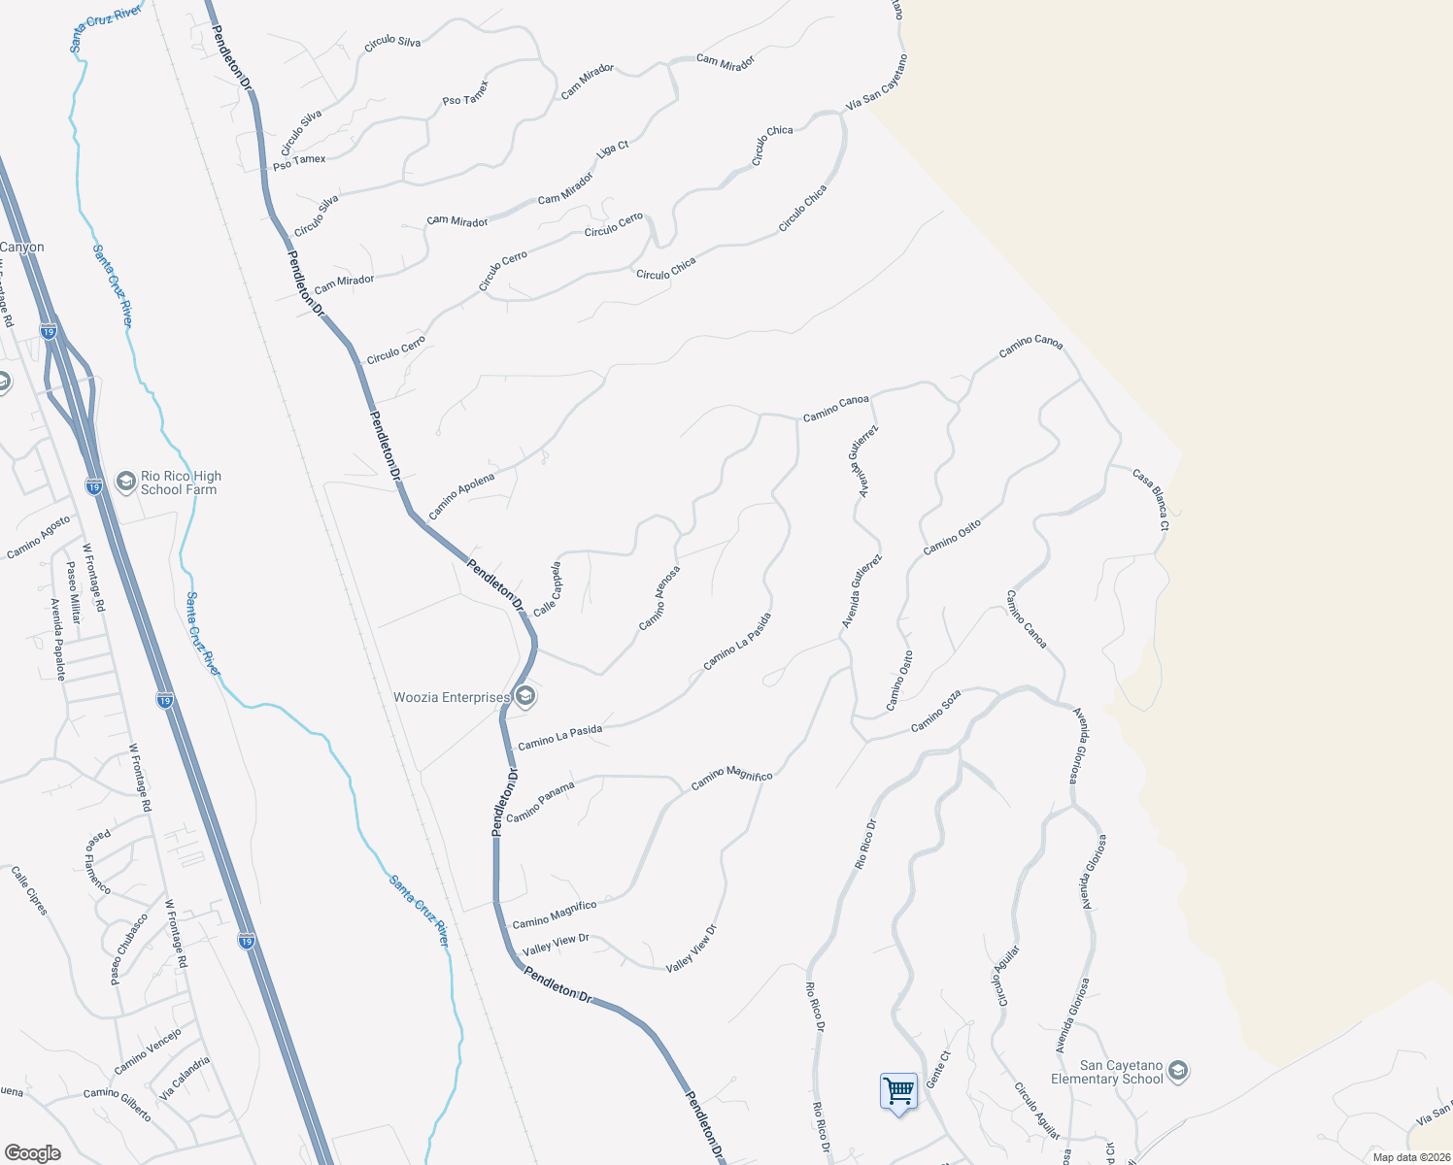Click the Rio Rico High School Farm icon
(x=125, y=482)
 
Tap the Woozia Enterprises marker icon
(x=524, y=696)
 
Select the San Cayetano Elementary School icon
(x=1178, y=1071)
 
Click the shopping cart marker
(x=898, y=1091)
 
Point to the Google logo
(x=32, y=1152)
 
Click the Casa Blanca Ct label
(x=1151, y=499)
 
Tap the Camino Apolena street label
(x=461, y=494)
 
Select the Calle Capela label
(x=548, y=588)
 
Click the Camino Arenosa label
(x=659, y=598)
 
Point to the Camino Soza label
(x=935, y=712)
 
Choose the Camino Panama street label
(x=540, y=802)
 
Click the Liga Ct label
(x=613, y=150)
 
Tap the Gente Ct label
(x=937, y=1069)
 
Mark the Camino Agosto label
(x=39, y=537)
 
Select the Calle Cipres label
(x=29, y=889)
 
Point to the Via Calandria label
(x=185, y=1078)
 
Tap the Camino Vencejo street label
(x=148, y=1051)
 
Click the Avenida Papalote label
(x=57, y=639)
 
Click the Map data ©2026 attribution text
(x=1408, y=1156)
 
